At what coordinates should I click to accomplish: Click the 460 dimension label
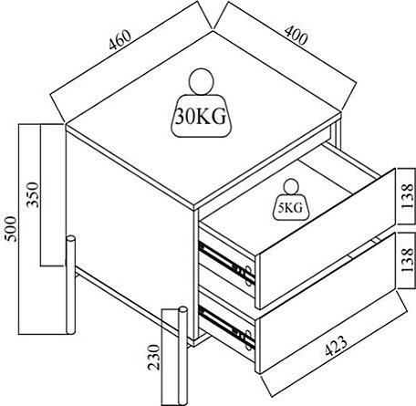click(x=120, y=39)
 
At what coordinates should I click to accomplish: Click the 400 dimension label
click(x=296, y=36)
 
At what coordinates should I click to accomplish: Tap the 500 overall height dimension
click(x=11, y=229)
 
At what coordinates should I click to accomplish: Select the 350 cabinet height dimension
click(x=33, y=194)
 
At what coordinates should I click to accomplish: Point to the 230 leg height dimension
click(x=153, y=357)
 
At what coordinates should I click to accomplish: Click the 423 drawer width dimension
click(x=336, y=346)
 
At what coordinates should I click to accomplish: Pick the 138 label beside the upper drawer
click(x=408, y=196)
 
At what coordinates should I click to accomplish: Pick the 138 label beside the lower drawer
click(x=408, y=260)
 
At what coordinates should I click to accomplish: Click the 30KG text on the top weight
click(x=201, y=117)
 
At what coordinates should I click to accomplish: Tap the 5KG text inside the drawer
click(x=291, y=207)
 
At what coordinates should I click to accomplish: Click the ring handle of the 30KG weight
click(x=201, y=82)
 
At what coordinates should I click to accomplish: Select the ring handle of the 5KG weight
click(x=291, y=187)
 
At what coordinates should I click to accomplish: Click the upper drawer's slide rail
click(x=226, y=263)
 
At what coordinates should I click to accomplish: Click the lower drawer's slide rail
click(x=226, y=328)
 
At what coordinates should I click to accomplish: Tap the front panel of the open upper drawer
click(x=326, y=239)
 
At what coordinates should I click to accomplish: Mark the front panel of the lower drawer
click(x=326, y=303)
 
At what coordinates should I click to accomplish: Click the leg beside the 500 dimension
click(x=71, y=285)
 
